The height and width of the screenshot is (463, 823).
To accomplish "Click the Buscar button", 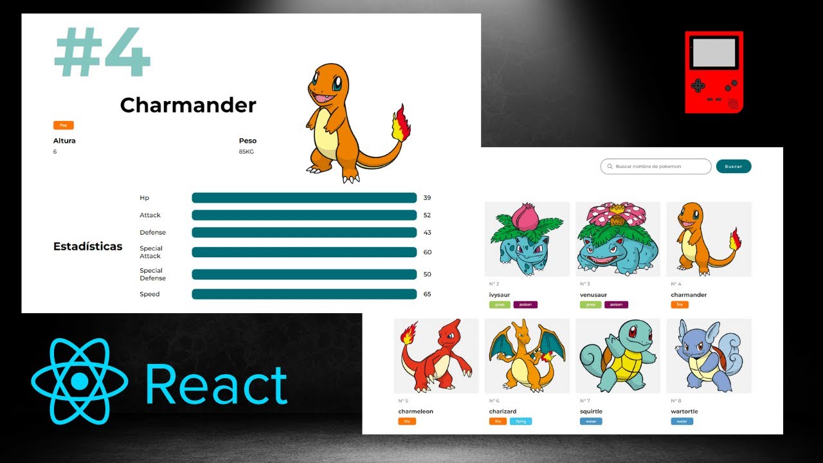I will coord(733,167).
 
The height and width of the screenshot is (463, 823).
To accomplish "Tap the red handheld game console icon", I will coord(714,72).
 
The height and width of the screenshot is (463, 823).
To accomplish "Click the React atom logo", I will coord(79,381).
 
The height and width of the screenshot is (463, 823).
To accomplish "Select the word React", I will coord(216,384).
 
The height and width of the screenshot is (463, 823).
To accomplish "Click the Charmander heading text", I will coord(188,105).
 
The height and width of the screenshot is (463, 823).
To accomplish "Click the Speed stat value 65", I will coord(427,294).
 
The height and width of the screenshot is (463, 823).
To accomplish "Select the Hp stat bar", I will coord(303,197).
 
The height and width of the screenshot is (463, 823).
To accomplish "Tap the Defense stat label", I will coord(152,232).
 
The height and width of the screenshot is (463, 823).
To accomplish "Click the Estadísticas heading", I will coord(87,246).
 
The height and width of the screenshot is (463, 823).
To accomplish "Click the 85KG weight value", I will coord(245,152).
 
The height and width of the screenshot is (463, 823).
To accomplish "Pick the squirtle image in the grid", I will coord(617,356).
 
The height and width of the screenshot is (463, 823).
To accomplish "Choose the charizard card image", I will coord(527,356).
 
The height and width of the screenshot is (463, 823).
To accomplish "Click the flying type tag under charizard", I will coord(521,422).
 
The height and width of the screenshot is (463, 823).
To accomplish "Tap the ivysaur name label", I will coord(499,295).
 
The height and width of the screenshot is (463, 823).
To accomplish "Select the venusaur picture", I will coord(617,239).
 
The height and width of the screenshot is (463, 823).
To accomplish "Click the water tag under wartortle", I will coord(682,422).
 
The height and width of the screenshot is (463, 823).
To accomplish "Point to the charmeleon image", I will coord(436,356).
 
